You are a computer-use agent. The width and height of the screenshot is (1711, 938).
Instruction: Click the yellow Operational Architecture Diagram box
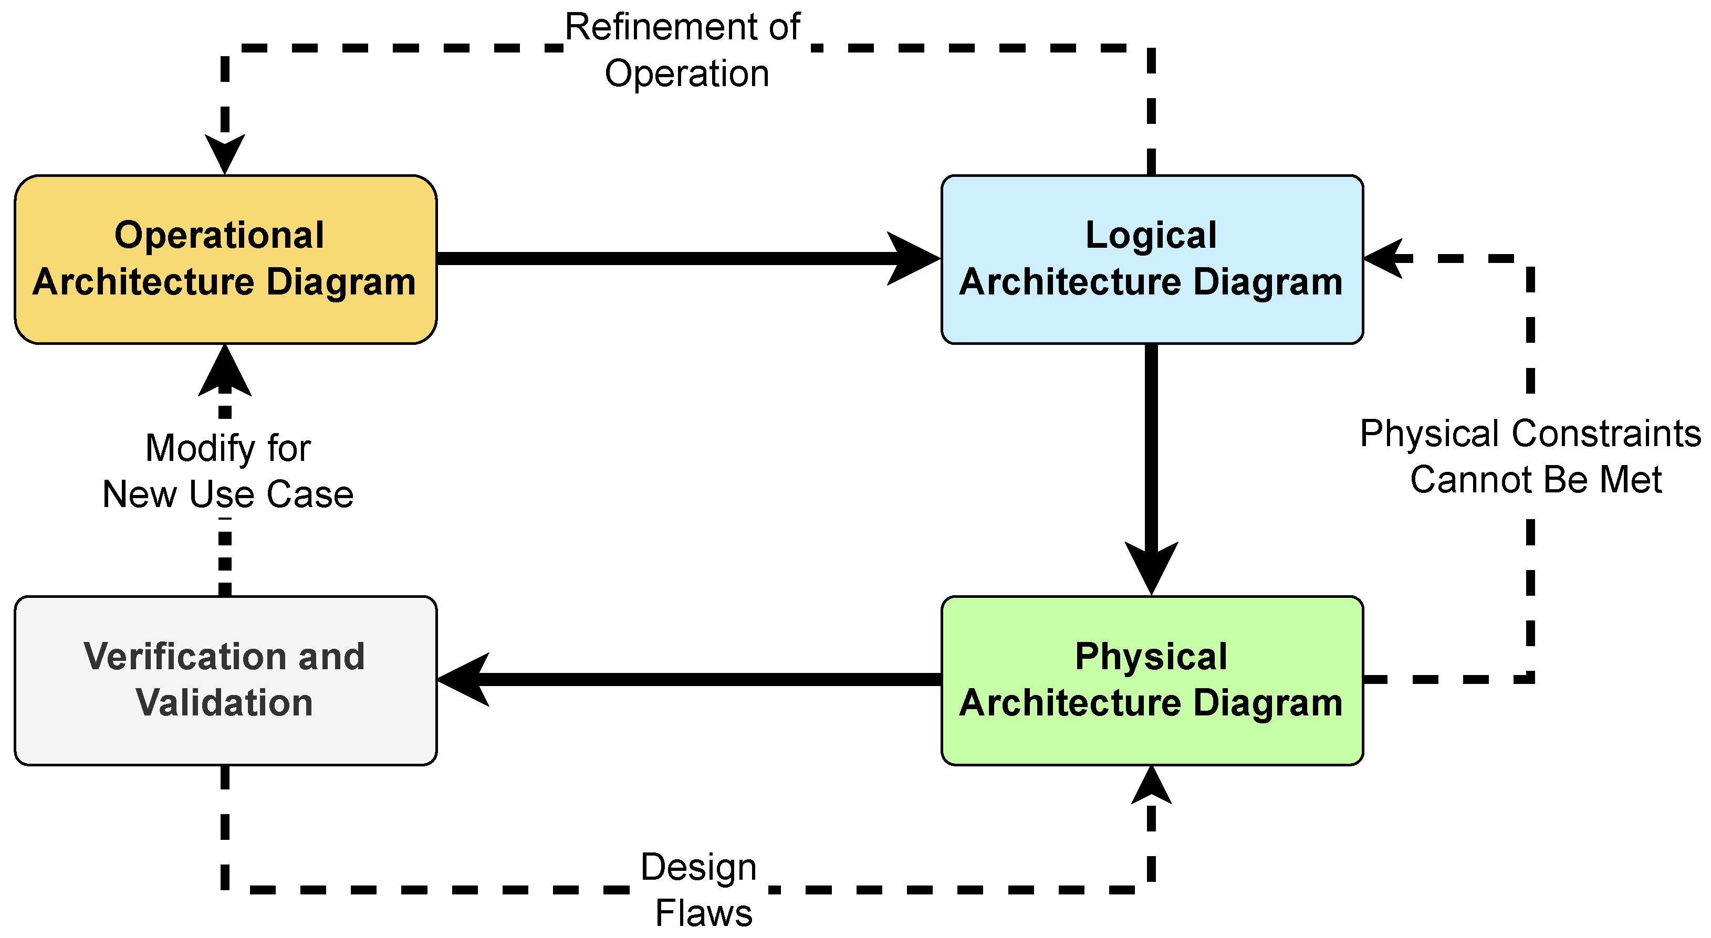(225, 259)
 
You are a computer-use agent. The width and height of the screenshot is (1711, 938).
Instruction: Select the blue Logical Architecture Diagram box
(1152, 259)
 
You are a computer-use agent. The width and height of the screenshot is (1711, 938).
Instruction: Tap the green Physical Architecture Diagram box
(1152, 680)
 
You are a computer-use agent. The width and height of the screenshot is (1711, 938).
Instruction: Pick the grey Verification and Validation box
(225, 680)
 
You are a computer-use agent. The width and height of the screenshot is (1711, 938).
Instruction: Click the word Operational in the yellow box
(219, 235)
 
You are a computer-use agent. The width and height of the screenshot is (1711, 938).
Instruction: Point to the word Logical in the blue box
(1151, 235)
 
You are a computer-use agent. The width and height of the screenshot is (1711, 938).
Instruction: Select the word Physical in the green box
(1151, 657)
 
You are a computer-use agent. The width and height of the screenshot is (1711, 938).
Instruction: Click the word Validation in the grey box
(224, 702)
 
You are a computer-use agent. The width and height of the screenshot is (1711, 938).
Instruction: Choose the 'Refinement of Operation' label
(684, 50)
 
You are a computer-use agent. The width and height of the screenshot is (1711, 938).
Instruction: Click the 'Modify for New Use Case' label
(228, 471)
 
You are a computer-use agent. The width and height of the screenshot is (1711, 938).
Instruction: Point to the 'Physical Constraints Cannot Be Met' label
(1530, 456)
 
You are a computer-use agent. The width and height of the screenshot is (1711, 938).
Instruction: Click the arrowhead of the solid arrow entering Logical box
(914, 259)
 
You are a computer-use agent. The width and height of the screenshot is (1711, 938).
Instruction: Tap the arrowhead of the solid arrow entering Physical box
(1152, 568)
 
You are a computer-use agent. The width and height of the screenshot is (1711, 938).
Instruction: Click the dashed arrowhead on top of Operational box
(225, 154)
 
